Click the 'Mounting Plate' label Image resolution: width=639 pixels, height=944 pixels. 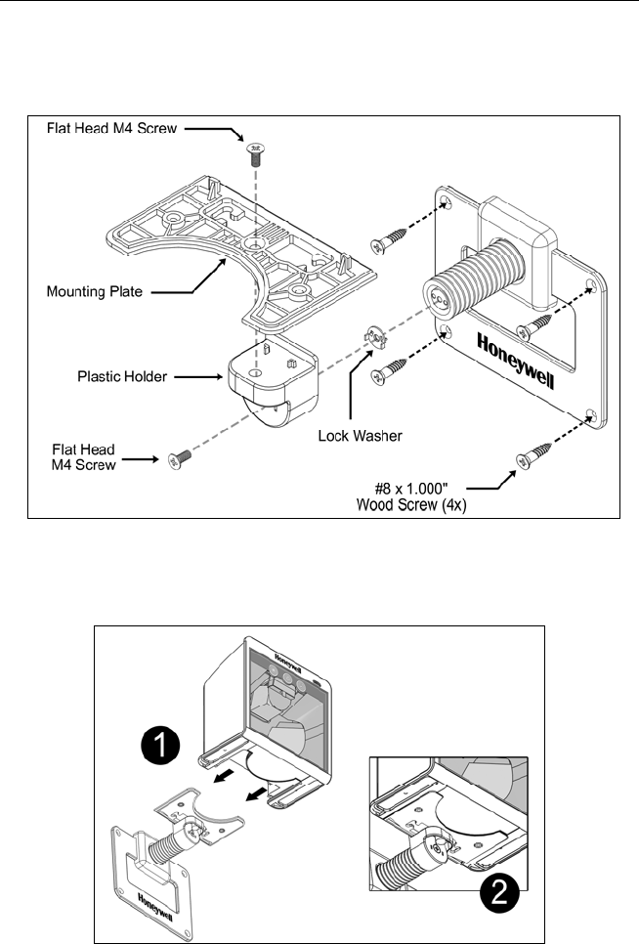coord(95,292)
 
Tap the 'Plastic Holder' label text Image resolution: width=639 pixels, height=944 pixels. coord(122,377)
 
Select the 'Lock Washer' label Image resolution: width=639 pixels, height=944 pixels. coord(361,436)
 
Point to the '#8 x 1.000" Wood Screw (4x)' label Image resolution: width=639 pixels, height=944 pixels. coord(412,496)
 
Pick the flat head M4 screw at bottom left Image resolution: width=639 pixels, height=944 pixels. coord(179,459)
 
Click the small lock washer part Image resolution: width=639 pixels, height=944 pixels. coord(377,336)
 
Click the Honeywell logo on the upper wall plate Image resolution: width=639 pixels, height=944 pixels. coord(516,362)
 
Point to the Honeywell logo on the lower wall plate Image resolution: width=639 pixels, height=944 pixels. coord(155,907)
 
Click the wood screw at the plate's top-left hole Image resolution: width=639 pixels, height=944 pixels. coord(389,238)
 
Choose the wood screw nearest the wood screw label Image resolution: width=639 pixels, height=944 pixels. coord(533,455)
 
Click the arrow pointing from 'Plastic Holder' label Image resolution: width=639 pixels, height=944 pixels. coord(198,377)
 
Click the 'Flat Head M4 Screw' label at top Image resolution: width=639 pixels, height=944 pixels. coord(112,128)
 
